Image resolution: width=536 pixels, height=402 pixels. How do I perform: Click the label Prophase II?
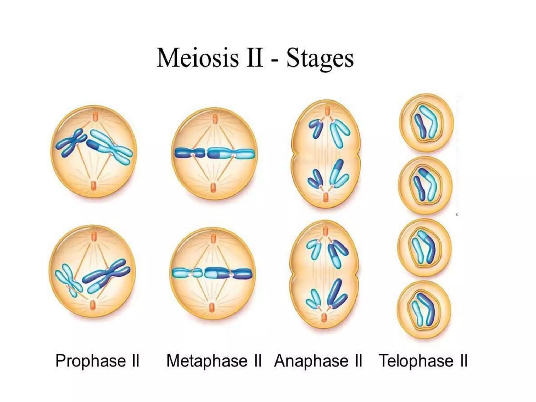click(x=97, y=361)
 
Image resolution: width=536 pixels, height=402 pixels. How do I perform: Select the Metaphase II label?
click(x=214, y=361)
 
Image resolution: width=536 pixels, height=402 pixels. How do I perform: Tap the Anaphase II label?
click(x=318, y=361)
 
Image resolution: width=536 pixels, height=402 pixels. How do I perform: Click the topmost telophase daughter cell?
click(x=426, y=122)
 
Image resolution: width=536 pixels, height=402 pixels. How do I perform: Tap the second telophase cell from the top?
click(x=425, y=185)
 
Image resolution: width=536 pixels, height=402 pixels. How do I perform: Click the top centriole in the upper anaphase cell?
click(x=327, y=111)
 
